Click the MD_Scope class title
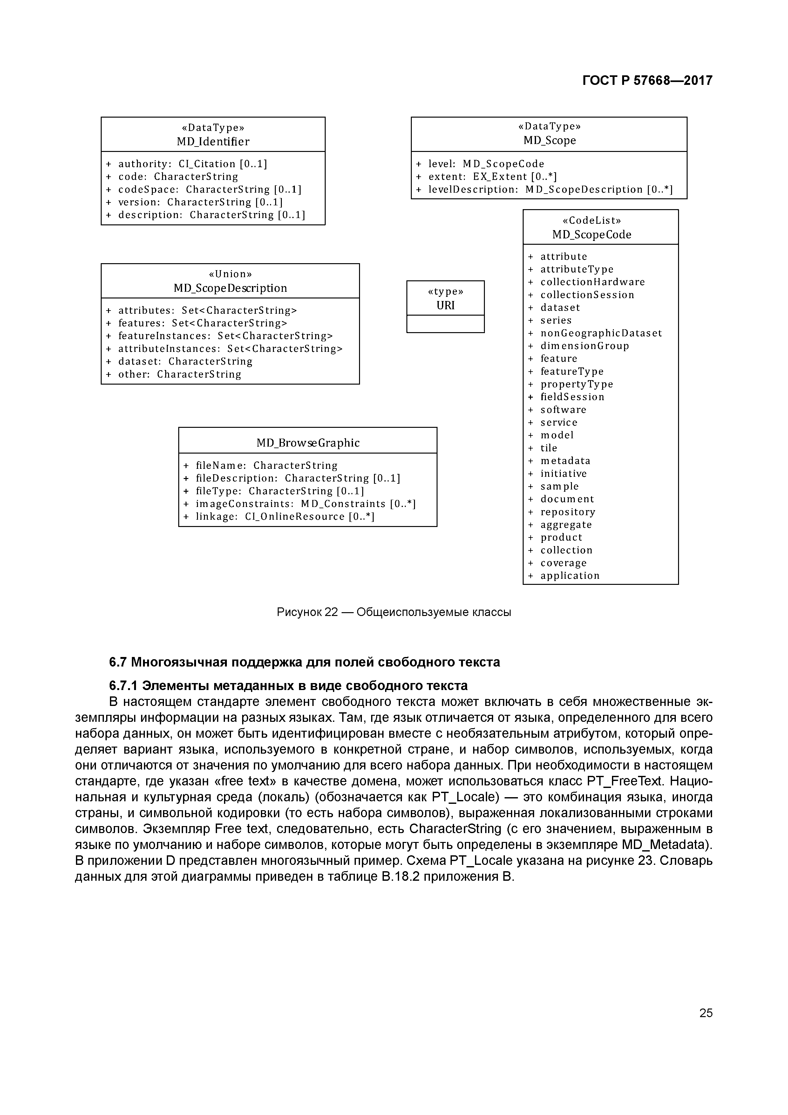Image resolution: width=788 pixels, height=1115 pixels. tap(549, 140)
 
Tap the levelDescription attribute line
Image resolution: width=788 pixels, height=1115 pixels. tap(550, 189)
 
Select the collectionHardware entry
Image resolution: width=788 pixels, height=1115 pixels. tap(592, 282)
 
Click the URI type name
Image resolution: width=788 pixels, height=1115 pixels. tap(445, 305)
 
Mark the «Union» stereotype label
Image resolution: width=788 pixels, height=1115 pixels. tap(230, 274)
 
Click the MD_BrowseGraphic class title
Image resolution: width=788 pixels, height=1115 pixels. tap(308, 443)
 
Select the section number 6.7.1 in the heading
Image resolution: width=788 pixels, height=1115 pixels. tap(123, 686)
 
